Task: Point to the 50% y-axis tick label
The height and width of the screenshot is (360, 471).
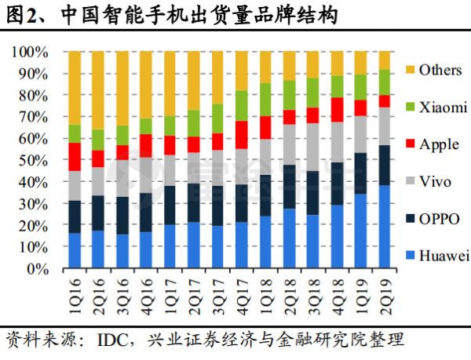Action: pos(35,160)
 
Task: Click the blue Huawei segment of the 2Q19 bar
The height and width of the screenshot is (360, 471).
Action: pos(385,227)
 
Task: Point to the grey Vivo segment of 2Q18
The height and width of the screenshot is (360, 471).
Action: pos(290,145)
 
